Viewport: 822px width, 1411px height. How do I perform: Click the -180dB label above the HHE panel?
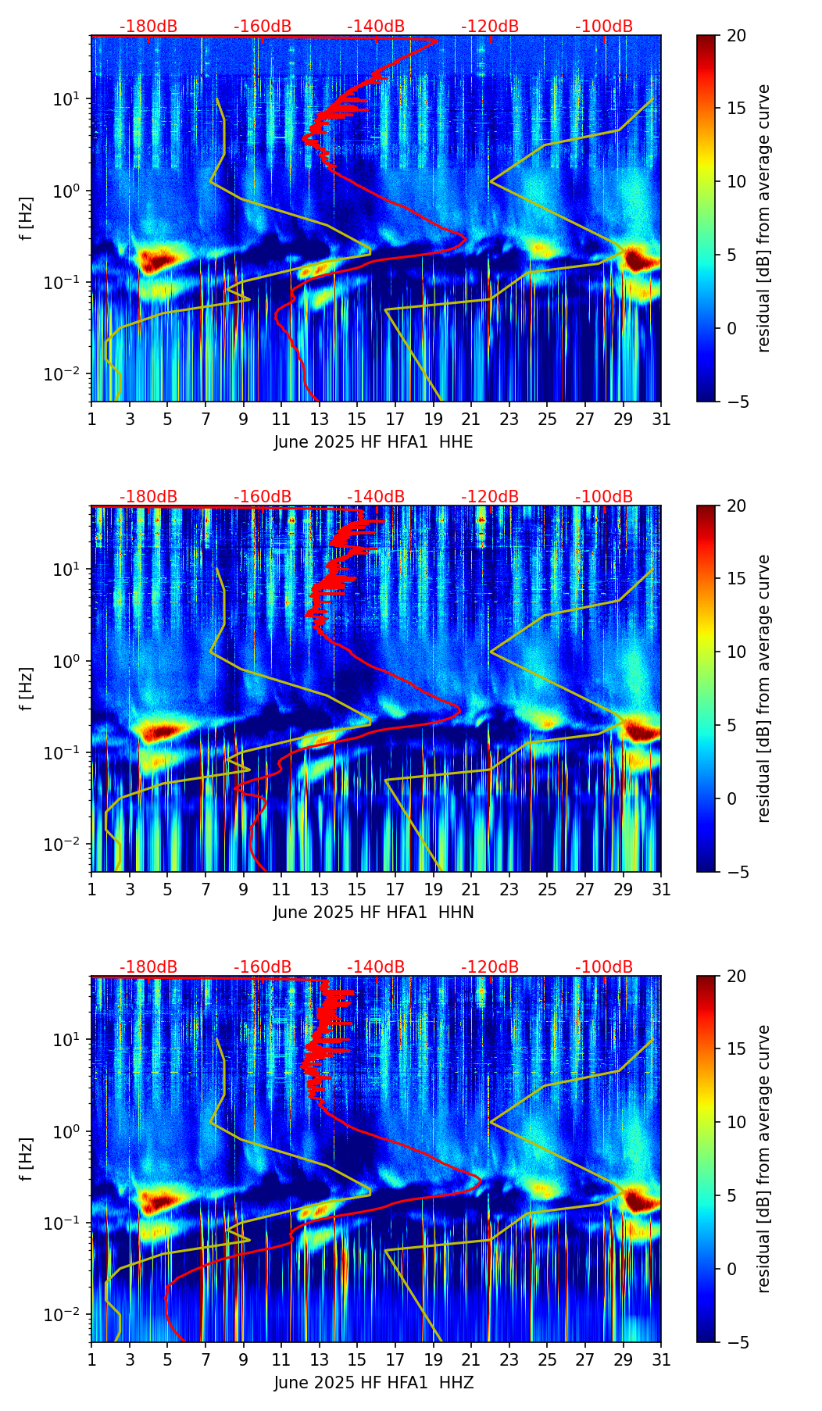(148, 27)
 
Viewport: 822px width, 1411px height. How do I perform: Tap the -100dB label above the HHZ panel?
(604, 967)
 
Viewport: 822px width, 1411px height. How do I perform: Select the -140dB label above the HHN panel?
(376, 497)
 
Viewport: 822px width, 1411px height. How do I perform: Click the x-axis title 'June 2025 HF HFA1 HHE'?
(373, 442)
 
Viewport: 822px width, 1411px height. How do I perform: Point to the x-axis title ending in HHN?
(373, 913)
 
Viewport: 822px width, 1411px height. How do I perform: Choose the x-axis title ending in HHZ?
(373, 1383)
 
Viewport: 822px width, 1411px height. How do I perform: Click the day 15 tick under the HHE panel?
(357, 419)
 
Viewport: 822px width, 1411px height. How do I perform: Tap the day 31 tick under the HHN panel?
(661, 889)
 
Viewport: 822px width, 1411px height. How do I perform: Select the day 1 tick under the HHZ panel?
(92, 1359)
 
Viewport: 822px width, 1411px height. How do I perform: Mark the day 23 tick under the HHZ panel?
(509, 1359)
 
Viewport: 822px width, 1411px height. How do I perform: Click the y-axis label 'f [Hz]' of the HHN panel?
(27, 688)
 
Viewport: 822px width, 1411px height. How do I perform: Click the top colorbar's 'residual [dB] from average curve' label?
(764, 218)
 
